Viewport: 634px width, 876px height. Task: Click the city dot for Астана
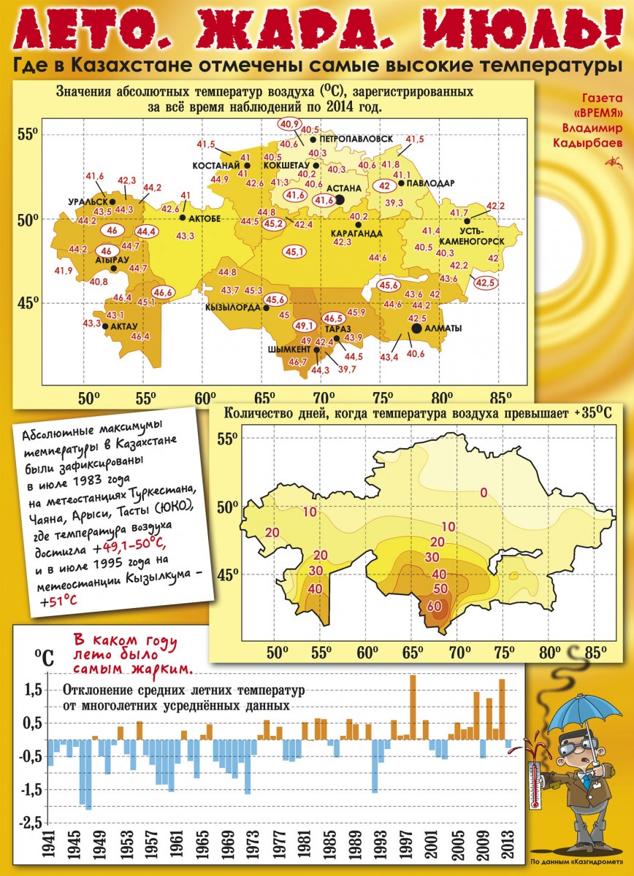[340, 200]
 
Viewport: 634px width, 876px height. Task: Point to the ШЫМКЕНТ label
[289, 349]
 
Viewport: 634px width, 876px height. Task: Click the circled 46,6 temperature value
[164, 292]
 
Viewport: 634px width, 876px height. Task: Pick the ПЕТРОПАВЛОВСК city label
[356, 139]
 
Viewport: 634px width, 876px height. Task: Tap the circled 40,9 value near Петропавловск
[289, 124]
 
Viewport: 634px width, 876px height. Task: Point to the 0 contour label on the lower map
[484, 493]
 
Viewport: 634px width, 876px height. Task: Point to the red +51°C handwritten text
[58, 601]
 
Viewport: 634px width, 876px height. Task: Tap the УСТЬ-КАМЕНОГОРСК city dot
[467, 221]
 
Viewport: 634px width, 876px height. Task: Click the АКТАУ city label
[124, 326]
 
